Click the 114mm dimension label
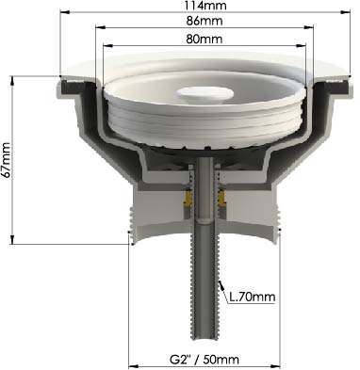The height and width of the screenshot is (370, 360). pos(205,6)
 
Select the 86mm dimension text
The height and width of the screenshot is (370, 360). pos(205,21)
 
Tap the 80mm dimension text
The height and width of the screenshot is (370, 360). pos(205,39)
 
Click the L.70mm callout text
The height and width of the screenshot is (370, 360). pos(253,297)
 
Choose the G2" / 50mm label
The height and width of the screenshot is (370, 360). pos(205,359)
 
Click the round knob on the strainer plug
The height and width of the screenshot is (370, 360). pos(205,93)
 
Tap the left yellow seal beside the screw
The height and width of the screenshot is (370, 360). pos(188,199)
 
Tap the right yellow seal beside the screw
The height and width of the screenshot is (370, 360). pos(222,199)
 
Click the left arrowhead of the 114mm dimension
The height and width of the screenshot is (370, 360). pos(64,12)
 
